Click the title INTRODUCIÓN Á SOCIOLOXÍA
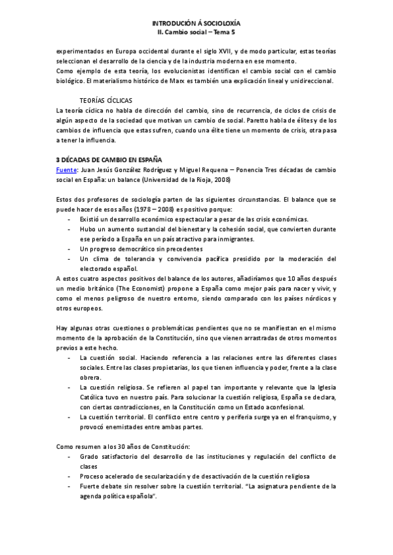[196, 22]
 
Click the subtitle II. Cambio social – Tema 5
[196, 31]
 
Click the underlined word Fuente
[66, 169]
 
